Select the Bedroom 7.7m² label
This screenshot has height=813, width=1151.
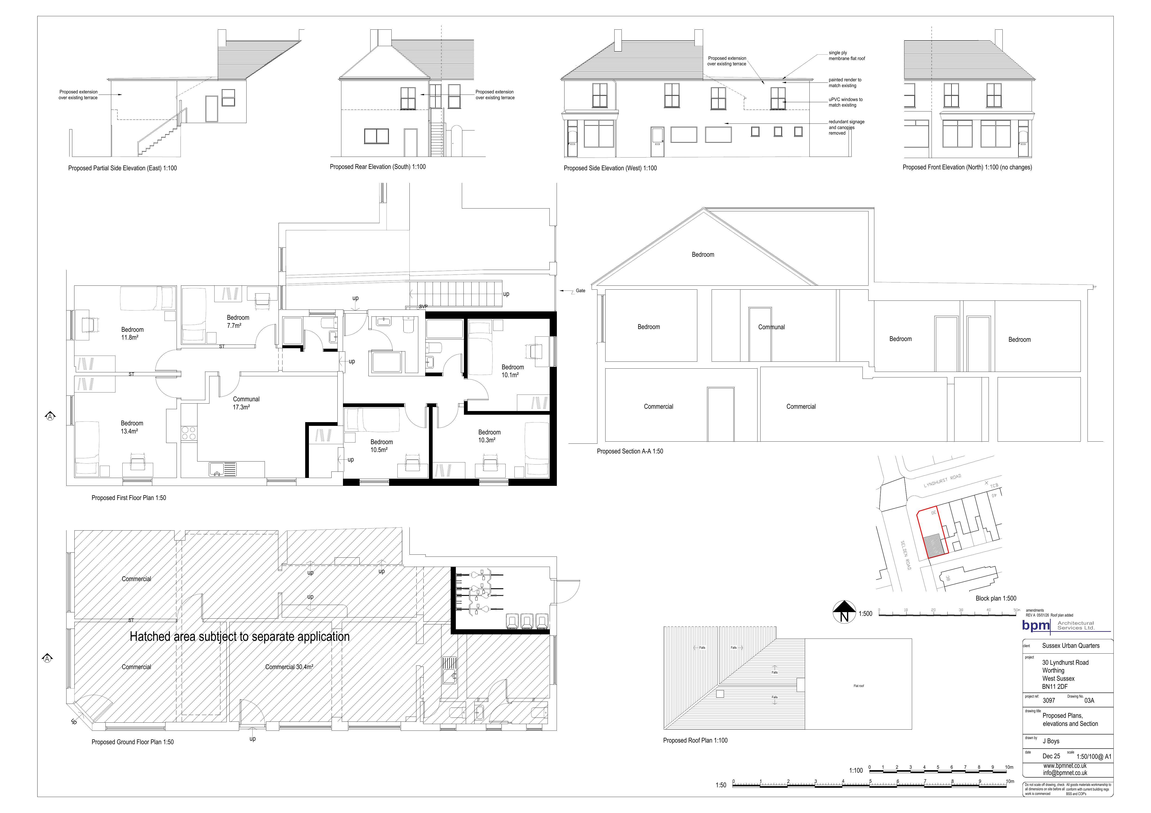(x=238, y=321)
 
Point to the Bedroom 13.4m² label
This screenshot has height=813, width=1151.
(x=132, y=427)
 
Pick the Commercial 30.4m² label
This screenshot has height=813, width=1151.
(x=289, y=667)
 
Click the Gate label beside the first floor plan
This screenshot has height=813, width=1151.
(x=580, y=291)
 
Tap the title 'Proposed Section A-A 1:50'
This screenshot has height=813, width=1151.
(x=630, y=451)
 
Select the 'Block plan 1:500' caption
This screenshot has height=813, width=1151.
(x=996, y=598)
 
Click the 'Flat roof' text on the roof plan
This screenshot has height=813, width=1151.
(x=858, y=686)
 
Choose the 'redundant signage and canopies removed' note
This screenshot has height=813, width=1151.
(x=846, y=127)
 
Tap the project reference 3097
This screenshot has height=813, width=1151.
(x=1049, y=700)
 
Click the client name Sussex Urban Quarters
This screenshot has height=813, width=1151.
(x=1071, y=645)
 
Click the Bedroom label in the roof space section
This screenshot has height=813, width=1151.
(x=703, y=255)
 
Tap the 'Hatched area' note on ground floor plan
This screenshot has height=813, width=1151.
(x=240, y=636)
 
